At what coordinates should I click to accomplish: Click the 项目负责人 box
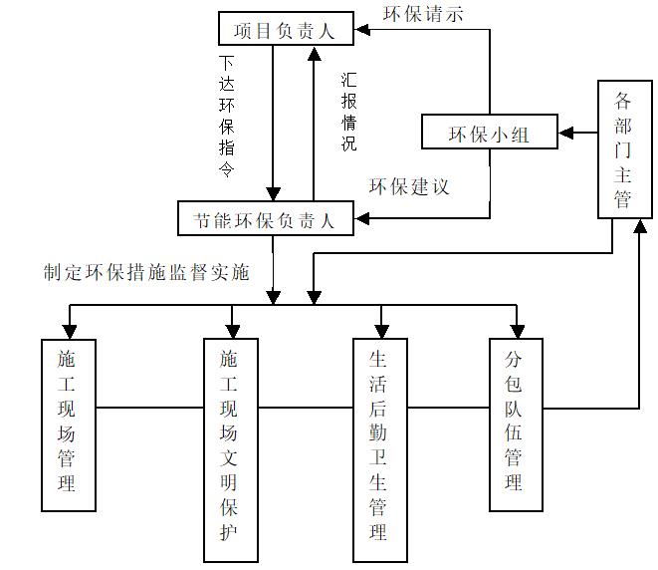point(285,31)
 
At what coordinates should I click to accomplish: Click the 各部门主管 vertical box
point(623,149)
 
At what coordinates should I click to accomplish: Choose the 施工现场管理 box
point(68,424)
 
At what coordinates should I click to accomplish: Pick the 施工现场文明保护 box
point(232,449)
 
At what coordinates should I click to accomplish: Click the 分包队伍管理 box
point(517,424)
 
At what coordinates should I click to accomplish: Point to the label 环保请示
point(423,14)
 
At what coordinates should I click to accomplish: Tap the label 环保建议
point(409,186)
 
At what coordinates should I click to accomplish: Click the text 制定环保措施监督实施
point(145,272)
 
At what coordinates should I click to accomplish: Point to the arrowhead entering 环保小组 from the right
point(565,132)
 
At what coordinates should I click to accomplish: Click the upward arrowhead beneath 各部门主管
point(637,226)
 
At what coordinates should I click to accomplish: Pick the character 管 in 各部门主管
point(623,199)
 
